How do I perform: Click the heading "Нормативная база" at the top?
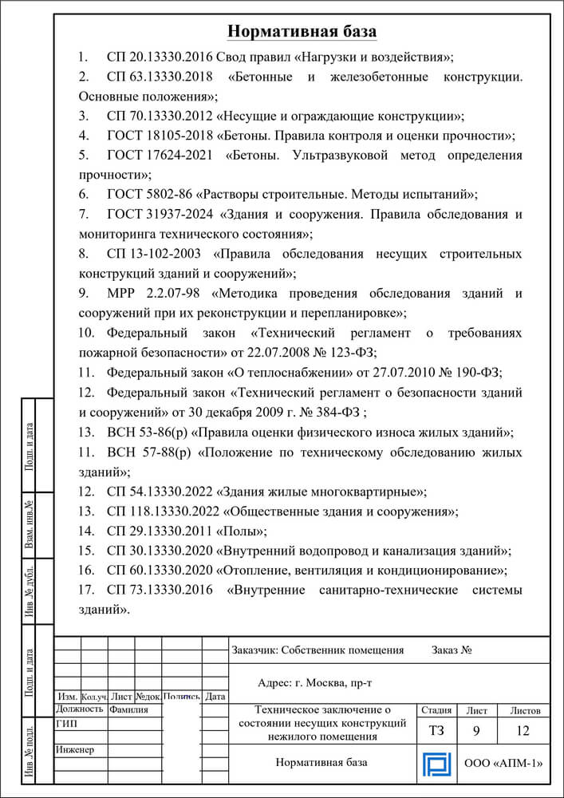302,31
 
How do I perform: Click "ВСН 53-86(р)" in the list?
143,432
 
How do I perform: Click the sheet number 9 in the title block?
476,730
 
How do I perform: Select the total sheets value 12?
523,730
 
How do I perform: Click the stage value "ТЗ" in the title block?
437,730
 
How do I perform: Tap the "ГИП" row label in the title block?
67,723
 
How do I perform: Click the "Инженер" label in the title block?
75,749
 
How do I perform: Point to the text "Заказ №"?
452,650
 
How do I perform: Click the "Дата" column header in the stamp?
215,696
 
